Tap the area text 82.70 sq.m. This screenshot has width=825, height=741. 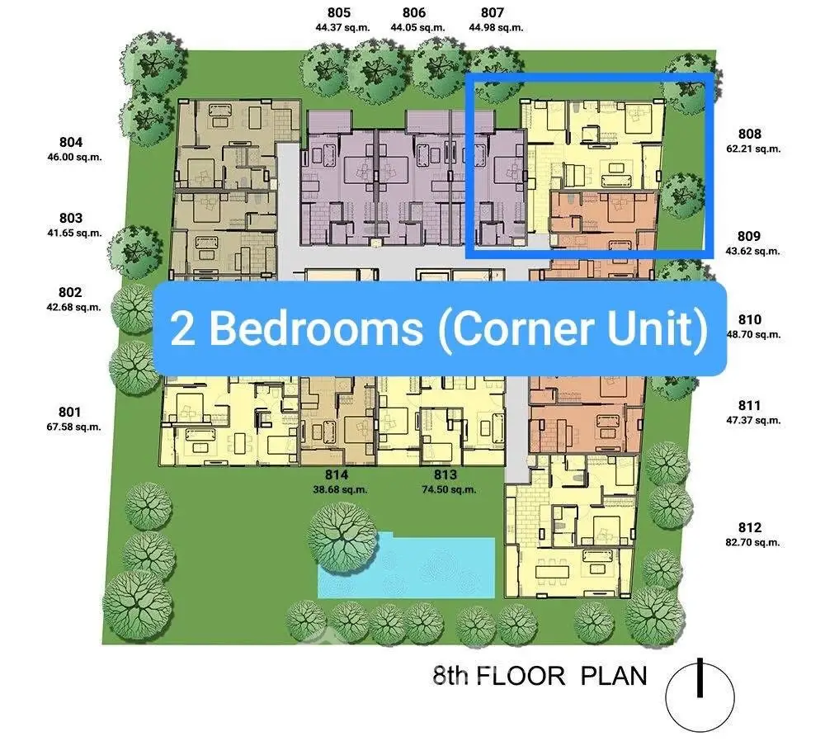pyautogui.click(x=752, y=543)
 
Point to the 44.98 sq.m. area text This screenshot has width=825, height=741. pyautogui.click(x=496, y=27)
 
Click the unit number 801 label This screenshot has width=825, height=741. pyautogui.click(x=71, y=412)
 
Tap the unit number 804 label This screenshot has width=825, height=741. pyautogui.click(x=71, y=142)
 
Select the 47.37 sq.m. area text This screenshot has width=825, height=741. pyautogui.click(x=752, y=420)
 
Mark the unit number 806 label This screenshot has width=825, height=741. pyautogui.click(x=414, y=12)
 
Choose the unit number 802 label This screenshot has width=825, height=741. pyautogui.click(x=71, y=292)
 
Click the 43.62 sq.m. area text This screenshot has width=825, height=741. pyautogui.click(x=752, y=251)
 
